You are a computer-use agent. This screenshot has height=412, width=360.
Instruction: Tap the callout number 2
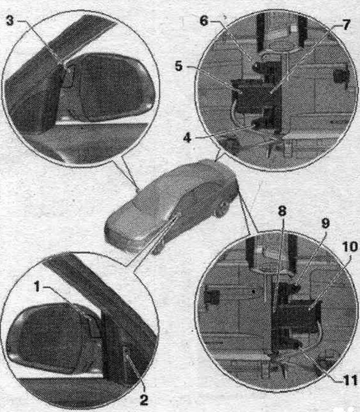coord(143,400)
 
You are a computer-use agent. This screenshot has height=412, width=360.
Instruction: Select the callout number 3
coord(10,20)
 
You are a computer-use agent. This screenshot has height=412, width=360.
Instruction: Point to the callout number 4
coord(187,137)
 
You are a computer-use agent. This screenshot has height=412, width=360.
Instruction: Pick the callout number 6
coord(204,20)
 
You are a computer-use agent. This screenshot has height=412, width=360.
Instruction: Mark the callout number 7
coord(346,25)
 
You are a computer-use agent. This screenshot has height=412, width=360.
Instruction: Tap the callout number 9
coord(325,223)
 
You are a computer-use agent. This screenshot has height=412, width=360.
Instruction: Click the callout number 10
coord(350,246)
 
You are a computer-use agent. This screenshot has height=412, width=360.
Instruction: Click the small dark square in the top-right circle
coord(341,75)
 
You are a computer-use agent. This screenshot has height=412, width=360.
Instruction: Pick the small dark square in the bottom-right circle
coord(212,297)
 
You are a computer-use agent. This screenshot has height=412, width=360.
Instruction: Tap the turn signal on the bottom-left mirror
coord(94,326)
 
